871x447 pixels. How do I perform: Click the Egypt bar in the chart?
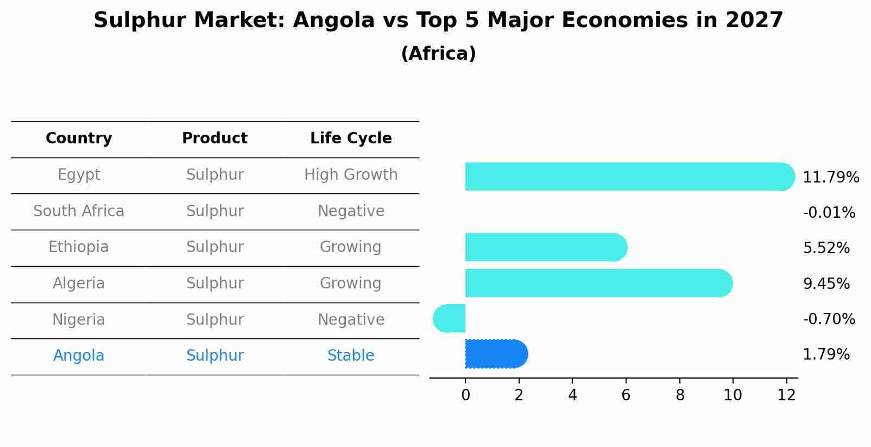624,177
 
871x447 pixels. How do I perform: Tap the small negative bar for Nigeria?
450,319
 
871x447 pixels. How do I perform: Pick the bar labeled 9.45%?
597,283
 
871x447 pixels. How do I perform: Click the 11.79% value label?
830,178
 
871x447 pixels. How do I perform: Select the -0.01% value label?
829,212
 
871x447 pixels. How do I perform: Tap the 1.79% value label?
826,355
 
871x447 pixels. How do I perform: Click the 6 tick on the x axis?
626,395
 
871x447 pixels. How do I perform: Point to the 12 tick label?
786,395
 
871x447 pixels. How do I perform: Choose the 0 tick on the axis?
465,395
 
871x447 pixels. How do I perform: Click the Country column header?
79,138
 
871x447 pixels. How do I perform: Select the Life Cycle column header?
351,138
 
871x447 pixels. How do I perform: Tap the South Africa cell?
79,211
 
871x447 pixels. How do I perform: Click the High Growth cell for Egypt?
351,175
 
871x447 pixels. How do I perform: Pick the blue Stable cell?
351,356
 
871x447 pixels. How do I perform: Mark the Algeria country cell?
79,284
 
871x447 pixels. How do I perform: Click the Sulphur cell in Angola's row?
214,356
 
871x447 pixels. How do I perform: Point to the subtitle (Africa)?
438,54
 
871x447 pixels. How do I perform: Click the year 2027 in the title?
754,21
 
